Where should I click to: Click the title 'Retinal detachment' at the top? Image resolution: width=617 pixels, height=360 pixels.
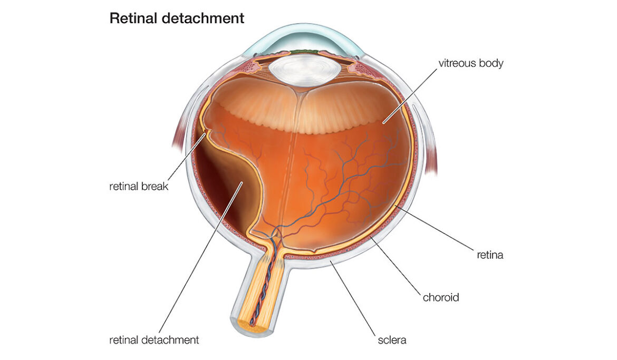tap(177, 18)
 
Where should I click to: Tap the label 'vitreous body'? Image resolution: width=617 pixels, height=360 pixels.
tap(471, 64)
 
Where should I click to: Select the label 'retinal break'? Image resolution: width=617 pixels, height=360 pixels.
tap(139, 186)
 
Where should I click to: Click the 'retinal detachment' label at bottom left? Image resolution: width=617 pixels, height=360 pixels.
tap(154, 340)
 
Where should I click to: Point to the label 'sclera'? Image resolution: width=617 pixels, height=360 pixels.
tap(391, 340)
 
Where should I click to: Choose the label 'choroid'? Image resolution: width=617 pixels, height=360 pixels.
tap(441, 297)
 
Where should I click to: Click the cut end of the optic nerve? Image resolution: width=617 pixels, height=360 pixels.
tap(248, 325)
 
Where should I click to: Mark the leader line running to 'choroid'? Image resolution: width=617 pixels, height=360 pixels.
tap(398, 266)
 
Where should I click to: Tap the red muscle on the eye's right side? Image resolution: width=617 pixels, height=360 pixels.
tap(431, 153)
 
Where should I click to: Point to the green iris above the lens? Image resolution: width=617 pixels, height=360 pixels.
tap(298, 52)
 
